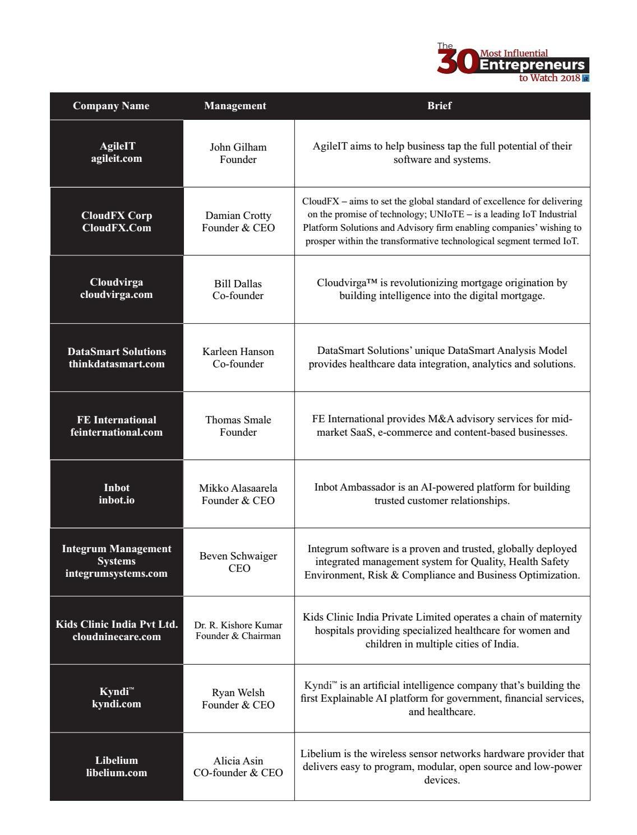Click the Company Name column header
(111, 106)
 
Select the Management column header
(235, 106)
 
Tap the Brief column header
(439, 106)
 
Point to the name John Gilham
(238, 147)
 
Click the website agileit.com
(117, 158)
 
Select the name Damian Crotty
(238, 216)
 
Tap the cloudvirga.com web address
(117, 295)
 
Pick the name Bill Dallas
(238, 284)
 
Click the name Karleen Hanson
(238, 352)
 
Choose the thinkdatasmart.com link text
(117, 364)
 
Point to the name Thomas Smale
(238, 420)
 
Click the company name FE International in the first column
(117, 420)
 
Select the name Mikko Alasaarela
(238, 488)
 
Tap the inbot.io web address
(117, 500)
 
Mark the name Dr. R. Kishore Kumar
(238, 625)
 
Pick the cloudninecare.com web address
(117, 637)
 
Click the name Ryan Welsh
(238, 693)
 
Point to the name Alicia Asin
(238, 761)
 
